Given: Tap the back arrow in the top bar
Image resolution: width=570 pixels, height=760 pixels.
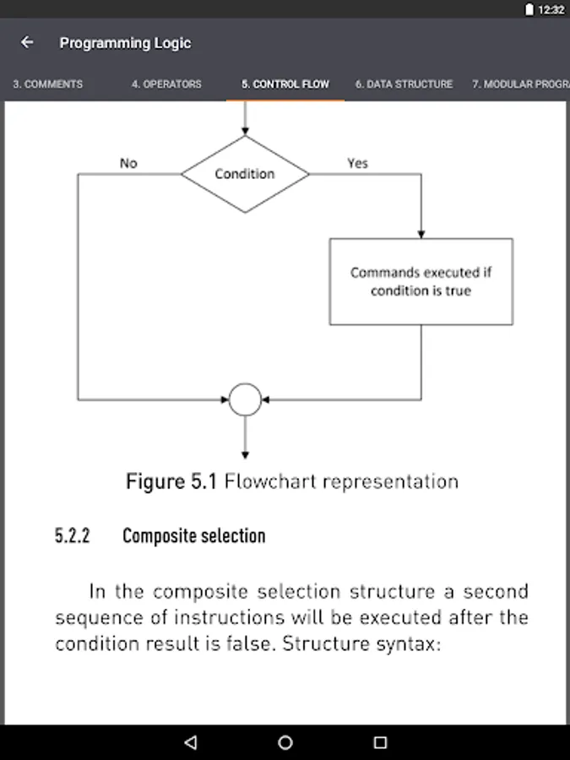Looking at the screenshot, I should click(27, 42).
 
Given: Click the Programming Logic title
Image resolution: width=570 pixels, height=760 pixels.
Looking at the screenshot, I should click(125, 43).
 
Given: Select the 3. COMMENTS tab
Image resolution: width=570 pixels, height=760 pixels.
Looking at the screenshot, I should click(47, 84).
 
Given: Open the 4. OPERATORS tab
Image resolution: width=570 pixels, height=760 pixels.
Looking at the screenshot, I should click(166, 84).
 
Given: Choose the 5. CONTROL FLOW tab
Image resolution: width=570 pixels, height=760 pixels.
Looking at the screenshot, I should click(285, 84).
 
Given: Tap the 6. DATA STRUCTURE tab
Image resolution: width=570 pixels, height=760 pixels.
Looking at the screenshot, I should click(404, 84).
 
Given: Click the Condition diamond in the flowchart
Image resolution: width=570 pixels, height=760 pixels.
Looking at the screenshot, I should click(245, 174).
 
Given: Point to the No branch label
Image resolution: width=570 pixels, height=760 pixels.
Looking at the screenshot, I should click(128, 163).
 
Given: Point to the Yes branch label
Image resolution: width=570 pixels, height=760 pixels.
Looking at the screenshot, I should click(357, 163).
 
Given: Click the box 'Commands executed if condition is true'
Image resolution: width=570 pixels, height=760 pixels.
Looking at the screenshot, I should click(421, 281).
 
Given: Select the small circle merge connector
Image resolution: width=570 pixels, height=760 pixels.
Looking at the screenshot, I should click(245, 399).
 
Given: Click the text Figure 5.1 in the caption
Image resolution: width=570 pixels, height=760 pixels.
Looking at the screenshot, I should click(171, 482).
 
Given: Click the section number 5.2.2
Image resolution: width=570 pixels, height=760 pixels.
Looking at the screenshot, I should click(73, 536).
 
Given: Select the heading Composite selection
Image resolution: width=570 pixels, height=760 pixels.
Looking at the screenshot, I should click(193, 536).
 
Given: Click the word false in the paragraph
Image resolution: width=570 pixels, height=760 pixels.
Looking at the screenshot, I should click(252, 643).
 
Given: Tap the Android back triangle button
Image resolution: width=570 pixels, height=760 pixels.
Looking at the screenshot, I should click(190, 742).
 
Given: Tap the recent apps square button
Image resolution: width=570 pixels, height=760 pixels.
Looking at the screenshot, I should click(380, 742).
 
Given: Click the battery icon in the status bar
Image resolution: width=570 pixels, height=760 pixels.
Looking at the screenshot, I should click(529, 9).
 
